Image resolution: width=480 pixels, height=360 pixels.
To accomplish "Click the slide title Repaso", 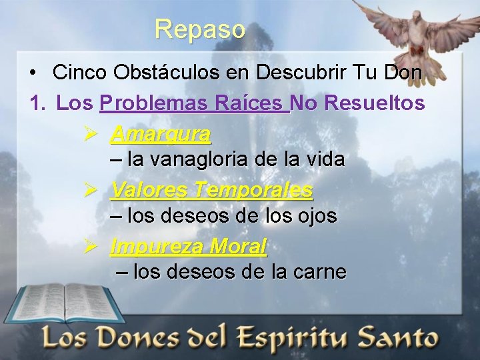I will (x=200, y=29).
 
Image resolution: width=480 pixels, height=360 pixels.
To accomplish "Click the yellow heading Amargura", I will (x=161, y=135).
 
